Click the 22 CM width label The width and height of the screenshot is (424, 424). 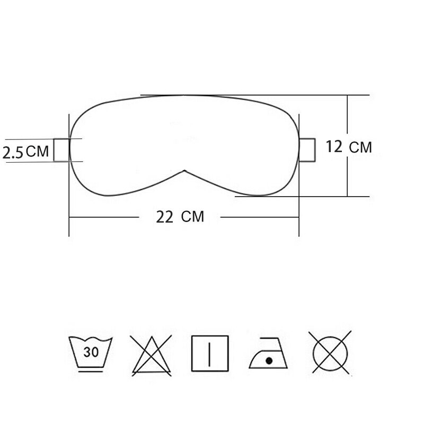pos(180,217)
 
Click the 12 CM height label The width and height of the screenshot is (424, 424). pos(349,147)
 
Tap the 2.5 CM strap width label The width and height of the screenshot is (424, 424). pos(25,152)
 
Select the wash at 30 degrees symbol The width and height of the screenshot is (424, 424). pos(90,354)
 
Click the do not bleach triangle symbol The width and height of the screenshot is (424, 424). pos(152,355)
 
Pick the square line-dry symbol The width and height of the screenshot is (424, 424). pos(210,354)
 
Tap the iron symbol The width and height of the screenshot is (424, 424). pos(268,353)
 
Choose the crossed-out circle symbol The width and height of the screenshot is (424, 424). pos(330,353)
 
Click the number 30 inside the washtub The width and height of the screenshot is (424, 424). pos(91,352)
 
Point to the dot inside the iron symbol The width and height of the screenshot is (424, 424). pos(269,360)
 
